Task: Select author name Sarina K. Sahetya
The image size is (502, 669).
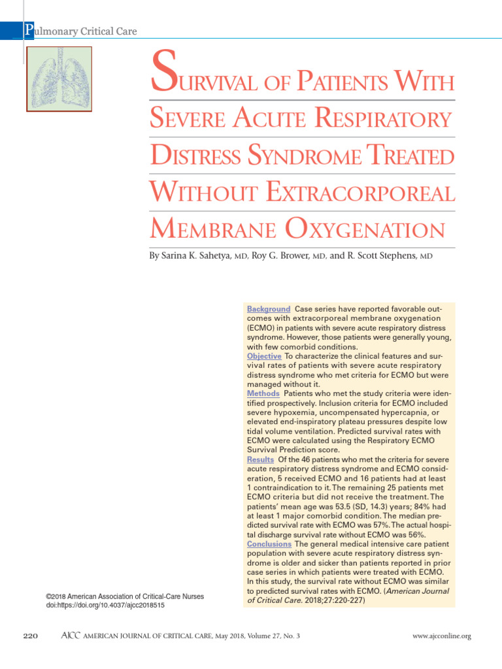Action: [194, 257]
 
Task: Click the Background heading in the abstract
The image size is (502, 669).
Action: [268, 308]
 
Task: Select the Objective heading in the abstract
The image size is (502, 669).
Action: [264, 356]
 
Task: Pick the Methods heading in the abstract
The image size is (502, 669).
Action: [263, 394]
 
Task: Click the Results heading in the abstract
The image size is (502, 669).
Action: [260, 460]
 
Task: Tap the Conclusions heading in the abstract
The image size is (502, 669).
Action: [269, 544]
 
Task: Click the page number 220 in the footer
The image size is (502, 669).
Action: [32, 636]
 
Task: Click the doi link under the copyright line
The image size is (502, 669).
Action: [105, 606]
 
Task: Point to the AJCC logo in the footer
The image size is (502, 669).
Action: [69, 636]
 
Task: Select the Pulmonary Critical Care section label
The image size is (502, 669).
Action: [80, 31]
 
